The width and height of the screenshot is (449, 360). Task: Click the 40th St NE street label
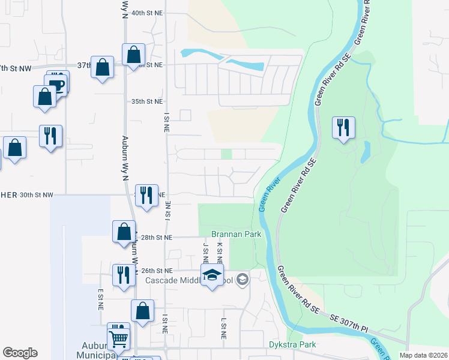coord(147,13)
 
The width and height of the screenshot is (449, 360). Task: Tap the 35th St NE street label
coord(147,102)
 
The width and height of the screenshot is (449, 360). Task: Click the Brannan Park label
coord(236,234)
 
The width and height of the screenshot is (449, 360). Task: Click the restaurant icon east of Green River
coord(343,127)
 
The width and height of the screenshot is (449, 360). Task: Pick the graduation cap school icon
coord(211,275)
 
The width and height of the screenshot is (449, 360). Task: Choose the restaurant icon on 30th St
coord(146,196)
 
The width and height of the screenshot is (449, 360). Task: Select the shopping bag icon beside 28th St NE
coord(124,232)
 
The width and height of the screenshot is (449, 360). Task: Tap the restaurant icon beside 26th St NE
coord(124,275)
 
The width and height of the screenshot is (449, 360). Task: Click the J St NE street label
coord(205,253)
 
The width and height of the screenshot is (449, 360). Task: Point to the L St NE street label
coord(223,329)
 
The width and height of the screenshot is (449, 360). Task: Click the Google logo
coord(20,353)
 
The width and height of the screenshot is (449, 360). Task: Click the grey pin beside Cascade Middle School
coord(242,280)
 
